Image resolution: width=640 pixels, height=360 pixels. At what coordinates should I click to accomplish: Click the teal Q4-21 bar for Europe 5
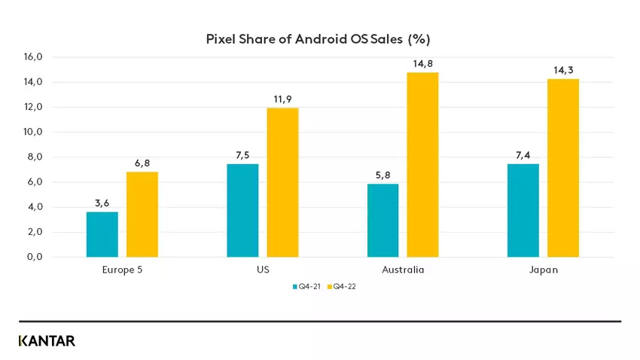point(102,234)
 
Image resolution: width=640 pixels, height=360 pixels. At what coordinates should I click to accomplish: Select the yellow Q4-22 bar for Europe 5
point(142,215)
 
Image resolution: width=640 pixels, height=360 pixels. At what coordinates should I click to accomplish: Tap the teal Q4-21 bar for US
point(242,210)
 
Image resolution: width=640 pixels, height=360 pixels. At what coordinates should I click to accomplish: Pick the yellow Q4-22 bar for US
point(282,182)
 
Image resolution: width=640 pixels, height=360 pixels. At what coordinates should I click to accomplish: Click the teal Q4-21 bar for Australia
point(382,221)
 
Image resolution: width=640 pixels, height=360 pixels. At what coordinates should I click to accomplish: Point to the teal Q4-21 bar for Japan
point(523,210)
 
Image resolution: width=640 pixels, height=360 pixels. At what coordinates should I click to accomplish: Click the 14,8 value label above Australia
point(422,64)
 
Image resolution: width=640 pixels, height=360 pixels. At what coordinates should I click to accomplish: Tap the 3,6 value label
point(102,203)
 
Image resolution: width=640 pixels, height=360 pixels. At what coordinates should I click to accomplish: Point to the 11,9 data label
point(282,99)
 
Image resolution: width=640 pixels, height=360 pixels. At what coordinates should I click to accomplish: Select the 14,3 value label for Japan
point(563,70)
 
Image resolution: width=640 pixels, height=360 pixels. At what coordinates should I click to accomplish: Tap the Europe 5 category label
point(122,270)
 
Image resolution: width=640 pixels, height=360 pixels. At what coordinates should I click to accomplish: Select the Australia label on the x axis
point(403,270)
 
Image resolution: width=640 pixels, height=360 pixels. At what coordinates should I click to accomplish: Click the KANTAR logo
point(47,340)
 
